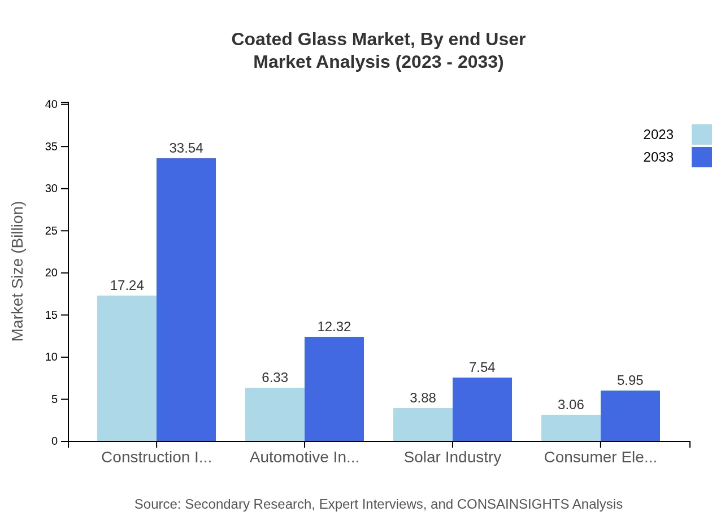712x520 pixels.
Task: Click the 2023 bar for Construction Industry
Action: click(x=127, y=368)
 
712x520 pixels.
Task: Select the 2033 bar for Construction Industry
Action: click(x=186, y=300)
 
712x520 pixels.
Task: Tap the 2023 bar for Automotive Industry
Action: click(x=275, y=414)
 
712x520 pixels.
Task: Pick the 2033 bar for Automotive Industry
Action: click(x=334, y=389)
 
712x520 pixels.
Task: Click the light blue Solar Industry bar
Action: click(x=423, y=424)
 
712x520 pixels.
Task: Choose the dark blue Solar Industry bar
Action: click(x=482, y=409)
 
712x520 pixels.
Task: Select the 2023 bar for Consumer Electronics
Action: click(x=571, y=428)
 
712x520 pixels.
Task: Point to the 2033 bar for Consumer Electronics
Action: click(x=630, y=416)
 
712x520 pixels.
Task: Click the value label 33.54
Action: click(x=186, y=148)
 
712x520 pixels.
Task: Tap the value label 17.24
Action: click(x=127, y=285)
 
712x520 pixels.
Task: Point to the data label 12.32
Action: click(x=334, y=327)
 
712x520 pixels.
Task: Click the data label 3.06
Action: click(x=571, y=405)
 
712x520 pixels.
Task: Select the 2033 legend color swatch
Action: click(x=701, y=157)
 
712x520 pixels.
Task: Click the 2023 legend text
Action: click(x=658, y=135)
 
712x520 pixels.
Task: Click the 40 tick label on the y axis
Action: click(x=51, y=104)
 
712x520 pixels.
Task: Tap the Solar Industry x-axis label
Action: click(x=452, y=457)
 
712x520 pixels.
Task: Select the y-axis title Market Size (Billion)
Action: click(x=18, y=271)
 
